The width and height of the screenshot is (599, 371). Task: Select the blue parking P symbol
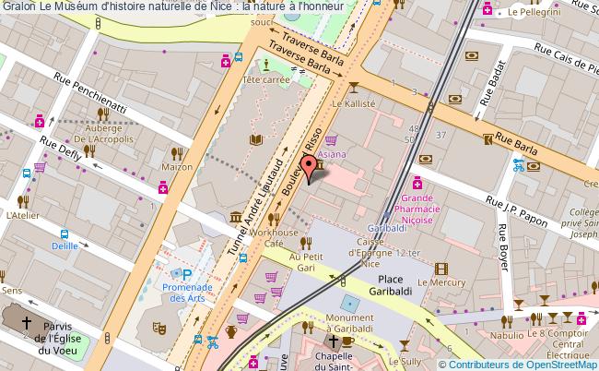pyautogui.click(x=187, y=274)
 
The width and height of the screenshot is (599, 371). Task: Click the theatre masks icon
pyautogui.click(x=159, y=326)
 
